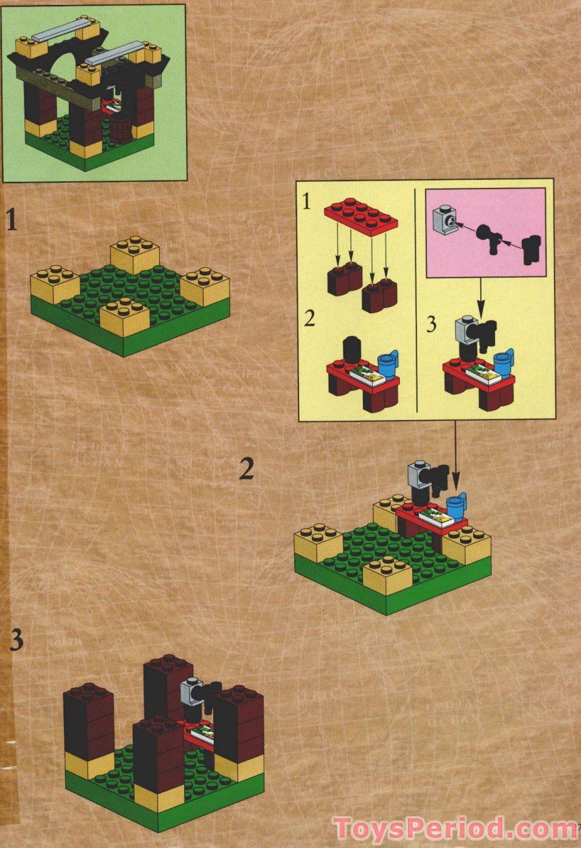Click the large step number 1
[12, 220]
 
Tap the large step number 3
[17, 640]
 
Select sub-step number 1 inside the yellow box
[307, 201]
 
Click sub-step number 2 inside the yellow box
[310, 319]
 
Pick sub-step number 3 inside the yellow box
[431, 324]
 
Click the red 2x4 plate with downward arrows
[361, 216]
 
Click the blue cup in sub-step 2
[389, 363]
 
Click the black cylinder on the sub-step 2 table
[351, 350]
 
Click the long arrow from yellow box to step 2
[455, 454]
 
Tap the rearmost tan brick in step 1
[135, 254]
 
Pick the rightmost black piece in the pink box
[532, 249]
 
